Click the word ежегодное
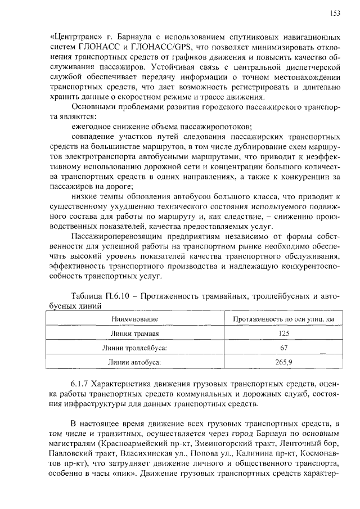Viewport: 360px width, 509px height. pos(92,127)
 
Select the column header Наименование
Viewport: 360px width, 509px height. pos(134,319)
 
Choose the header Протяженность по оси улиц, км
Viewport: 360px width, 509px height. pos(284,319)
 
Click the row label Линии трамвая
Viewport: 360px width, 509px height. pos(134,333)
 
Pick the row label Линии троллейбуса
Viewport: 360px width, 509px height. pos(134,348)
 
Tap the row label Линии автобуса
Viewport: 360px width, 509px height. pos(134,362)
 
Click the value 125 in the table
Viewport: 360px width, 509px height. pos(284,333)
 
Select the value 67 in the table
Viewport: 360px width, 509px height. pos(284,348)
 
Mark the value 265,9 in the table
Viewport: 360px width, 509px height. pos(284,362)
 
